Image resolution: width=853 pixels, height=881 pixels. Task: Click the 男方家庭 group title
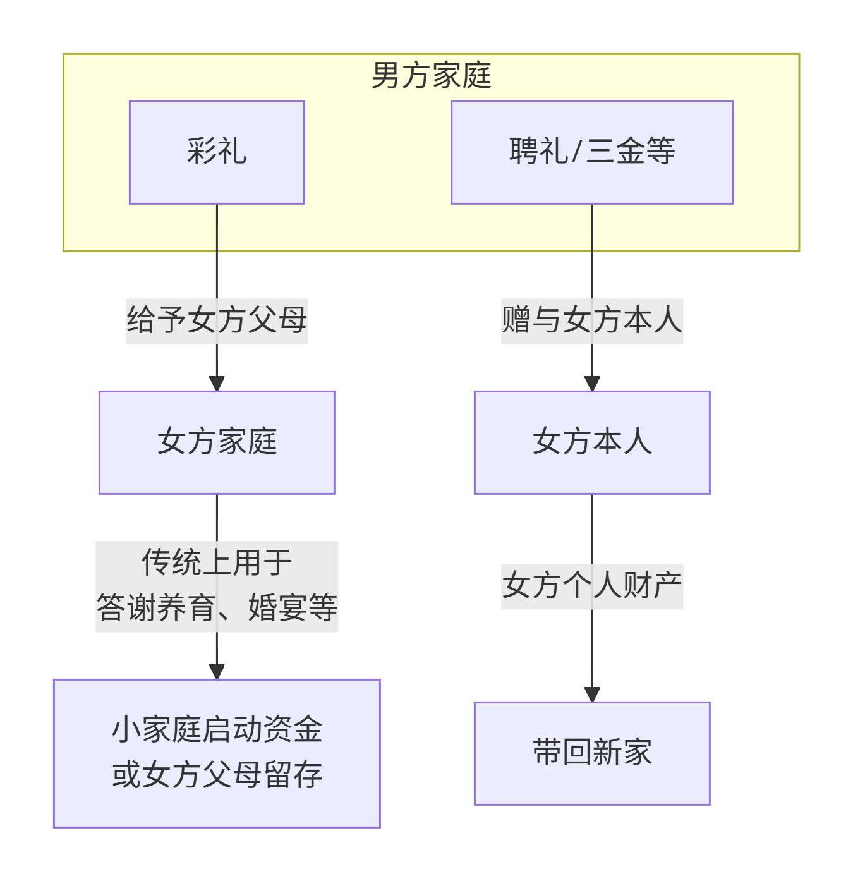click(x=431, y=76)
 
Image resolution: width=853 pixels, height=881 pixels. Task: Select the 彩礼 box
click(x=217, y=152)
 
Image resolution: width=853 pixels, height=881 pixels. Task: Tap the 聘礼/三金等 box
click(x=591, y=152)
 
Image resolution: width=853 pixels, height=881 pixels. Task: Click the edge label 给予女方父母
click(x=217, y=320)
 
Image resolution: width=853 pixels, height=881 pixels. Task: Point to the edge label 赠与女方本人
click(x=591, y=320)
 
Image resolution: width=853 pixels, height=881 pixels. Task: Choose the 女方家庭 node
click(x=217, y=442)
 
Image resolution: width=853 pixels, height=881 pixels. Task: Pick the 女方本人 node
click(x=591, y=442)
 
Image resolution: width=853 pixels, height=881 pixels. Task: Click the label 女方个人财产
click(x=591, y=586)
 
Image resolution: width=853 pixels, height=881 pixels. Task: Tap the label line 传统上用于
click(x=217, y=562)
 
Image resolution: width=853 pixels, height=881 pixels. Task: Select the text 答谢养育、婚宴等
click(x=217, y=608)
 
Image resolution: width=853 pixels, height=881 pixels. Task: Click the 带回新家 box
click(x=591, y=753)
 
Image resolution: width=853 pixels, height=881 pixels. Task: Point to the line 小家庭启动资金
click(x=217, y=730)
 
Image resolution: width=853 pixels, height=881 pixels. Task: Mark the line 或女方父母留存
click(x=217, y=775)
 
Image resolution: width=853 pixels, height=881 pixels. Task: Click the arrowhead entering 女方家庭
click(x=217, y=384)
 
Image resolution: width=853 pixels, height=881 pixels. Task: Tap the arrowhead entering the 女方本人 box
click(x=591, y=384)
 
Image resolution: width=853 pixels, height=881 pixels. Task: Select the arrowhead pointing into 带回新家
click(x=591, y=695)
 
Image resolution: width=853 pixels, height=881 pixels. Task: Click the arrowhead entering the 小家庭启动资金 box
click(x=217, y=672)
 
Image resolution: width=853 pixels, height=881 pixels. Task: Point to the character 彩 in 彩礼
click(x=202, y=152)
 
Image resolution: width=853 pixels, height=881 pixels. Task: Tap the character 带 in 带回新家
click(x=547, y=753)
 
